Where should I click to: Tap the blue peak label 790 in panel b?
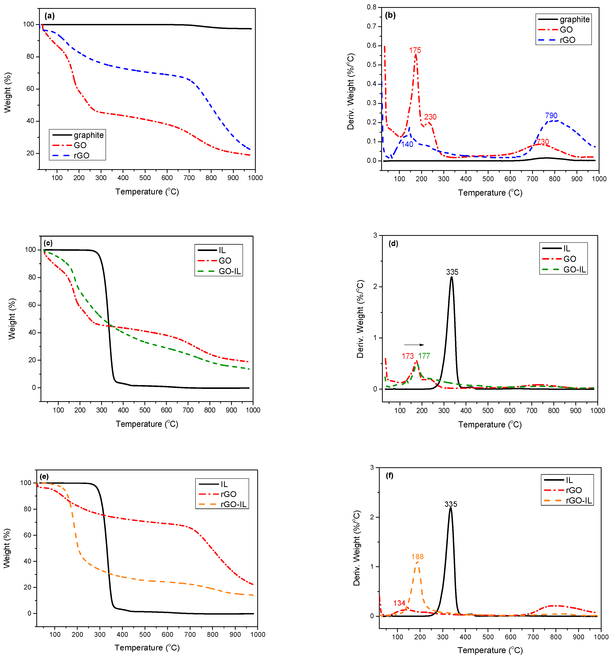[551, 116]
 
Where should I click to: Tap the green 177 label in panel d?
[424, 356]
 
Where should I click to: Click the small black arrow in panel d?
[414, 345]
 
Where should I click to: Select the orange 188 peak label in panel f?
[417, 557]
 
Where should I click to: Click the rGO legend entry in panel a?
[81, 155]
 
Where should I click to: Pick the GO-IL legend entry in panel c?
[229, 271]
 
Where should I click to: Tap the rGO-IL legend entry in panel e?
[233, 504]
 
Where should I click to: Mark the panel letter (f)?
[390, 476]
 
